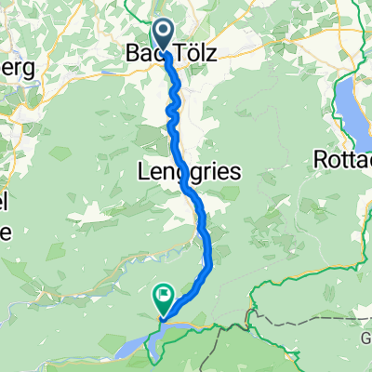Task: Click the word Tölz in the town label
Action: (x=195, y=56)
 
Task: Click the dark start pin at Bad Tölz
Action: (x=164, y=35)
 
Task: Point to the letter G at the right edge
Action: (x=365, y=339)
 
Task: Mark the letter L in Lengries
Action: (x=142, y=172)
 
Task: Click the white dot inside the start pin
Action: (x=164, y=32)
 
